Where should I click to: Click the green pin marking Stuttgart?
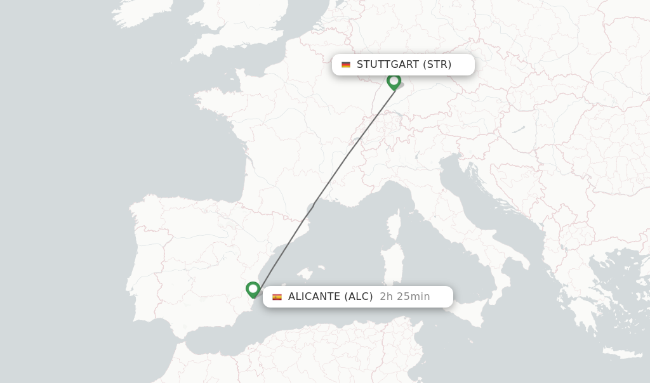[394, 81]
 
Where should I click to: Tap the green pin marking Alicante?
[253, 289]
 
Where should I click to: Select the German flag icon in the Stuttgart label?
[346, 65]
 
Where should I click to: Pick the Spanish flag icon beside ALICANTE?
[277, 297]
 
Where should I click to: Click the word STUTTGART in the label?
[387, 64]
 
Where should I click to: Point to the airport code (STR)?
[437, 64]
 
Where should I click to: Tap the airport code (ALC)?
[359, 296]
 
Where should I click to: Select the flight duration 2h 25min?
[404, 296]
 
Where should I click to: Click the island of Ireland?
[136, 16]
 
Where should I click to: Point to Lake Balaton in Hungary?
[519, 129]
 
